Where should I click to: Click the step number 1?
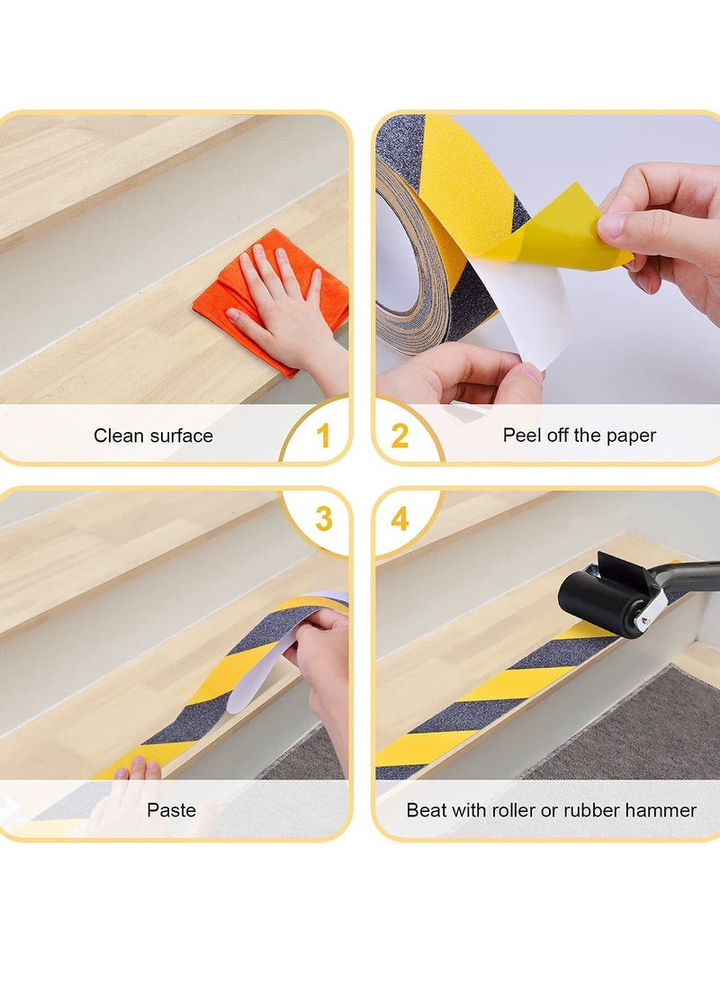tap(323, 437)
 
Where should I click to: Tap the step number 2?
tap(400, 437)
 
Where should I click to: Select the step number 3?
tap(323, 519)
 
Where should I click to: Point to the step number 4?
tap(400, 519)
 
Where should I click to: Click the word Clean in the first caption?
tap(119, 436)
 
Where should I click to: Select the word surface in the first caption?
tap(182, 436)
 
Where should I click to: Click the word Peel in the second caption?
tap(521, 436)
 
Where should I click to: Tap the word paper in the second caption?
tap(631, 436)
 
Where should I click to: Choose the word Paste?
tap(171, 810)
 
